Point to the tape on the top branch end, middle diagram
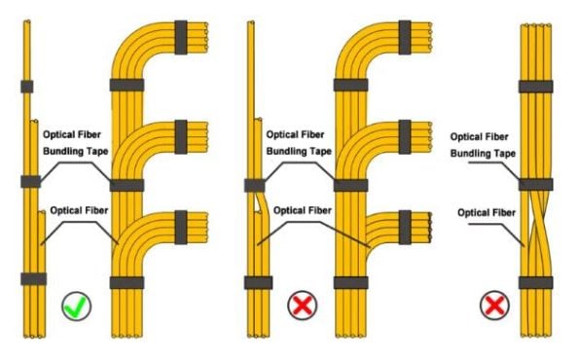407,33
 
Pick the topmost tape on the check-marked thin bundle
28,88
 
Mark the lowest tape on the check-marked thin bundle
33,279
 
